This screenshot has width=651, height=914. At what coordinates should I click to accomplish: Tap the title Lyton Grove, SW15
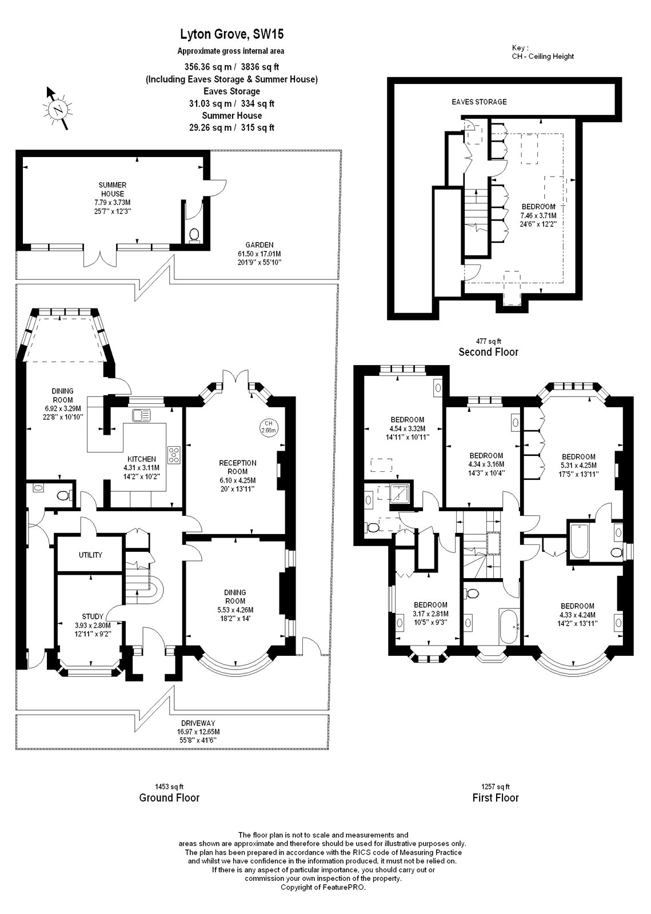coord(232,35)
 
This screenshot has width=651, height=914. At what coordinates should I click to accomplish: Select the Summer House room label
coord(112,198)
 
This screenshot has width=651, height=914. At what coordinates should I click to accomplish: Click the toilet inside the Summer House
coord(194,235)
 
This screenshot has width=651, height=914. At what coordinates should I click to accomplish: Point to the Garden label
coord(259,254)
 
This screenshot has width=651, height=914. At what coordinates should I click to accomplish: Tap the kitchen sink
coord(141,415)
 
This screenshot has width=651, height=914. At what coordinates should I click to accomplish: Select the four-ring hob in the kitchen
coord(174,455)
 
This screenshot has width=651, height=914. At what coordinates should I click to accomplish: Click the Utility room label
coord(90,555)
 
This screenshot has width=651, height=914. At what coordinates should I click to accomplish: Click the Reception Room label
coord(238,476)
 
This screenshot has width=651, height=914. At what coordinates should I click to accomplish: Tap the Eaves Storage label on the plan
coord(479,102)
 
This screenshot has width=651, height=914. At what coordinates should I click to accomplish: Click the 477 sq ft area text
coord(489,341)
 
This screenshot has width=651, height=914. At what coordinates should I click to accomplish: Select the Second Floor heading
coord(489,352)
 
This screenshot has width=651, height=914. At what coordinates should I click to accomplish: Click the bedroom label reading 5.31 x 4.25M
coord(578,466)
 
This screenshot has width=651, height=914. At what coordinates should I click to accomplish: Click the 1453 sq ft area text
coord(169,787)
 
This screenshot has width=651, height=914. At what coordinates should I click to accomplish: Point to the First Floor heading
coord(496,797)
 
